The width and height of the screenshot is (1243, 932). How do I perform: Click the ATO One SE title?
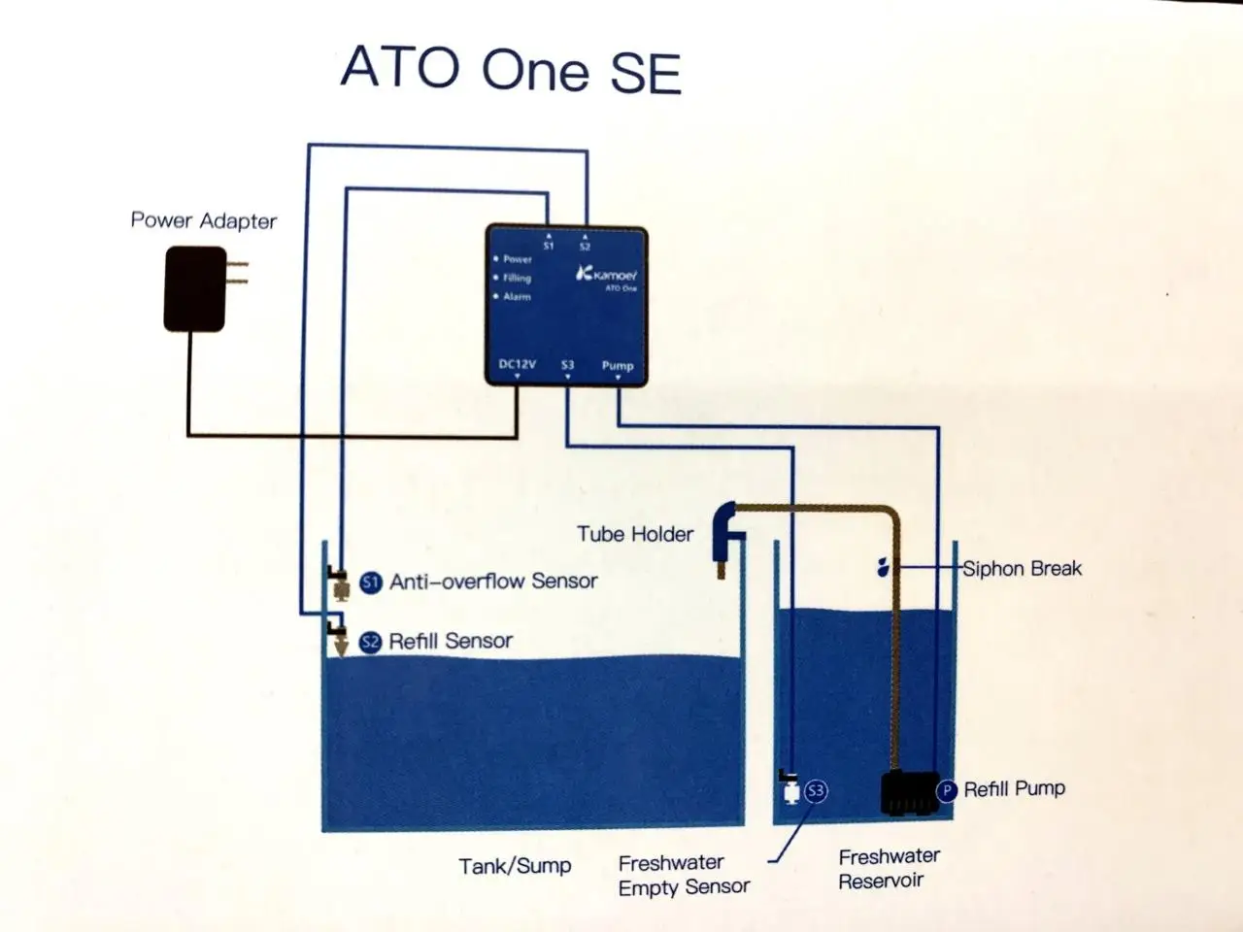(x=511, y=70)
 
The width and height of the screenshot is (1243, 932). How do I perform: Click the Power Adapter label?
(x=204, y=220)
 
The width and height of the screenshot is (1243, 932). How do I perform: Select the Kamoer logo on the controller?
(x=606, y=275)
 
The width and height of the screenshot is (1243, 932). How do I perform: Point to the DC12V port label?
(x=517, y=364)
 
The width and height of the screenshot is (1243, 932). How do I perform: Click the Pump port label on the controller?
(x=618, y=366)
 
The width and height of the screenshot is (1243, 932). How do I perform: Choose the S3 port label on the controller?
(x=567, y=365)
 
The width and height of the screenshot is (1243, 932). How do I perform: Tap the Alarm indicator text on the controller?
(x=517, y=296)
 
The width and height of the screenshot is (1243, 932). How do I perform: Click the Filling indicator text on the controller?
(x=517, y=278)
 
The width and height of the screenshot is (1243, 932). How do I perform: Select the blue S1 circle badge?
(x=371, y=582)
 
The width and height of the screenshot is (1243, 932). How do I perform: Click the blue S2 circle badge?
(x=370, y=643)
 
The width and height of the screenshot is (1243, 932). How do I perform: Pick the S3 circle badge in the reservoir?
(x=816, y=790)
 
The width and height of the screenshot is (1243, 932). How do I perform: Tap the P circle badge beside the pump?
(x=946, y=790)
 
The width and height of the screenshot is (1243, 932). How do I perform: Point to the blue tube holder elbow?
(x=727, y=532)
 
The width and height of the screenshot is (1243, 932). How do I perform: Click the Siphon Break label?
(x=1023, y=568)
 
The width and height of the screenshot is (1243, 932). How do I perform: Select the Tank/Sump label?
(x=515, y=866)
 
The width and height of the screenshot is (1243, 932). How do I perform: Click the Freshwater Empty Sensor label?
(x=684, y=875)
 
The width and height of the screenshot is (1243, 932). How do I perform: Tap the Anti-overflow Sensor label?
(x=493, y=582)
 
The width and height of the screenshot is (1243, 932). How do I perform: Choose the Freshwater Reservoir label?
(x=890, y=869)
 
